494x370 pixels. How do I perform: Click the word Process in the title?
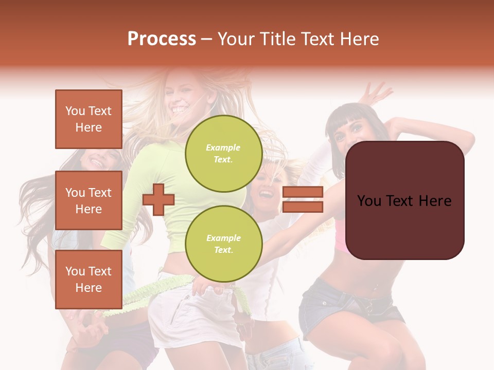(162, 39)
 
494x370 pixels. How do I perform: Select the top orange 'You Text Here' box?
(89, 119)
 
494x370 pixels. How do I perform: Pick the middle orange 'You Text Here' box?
(89, 200)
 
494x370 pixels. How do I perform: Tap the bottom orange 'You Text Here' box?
(89, 279)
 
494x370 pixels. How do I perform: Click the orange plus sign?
(158, 200)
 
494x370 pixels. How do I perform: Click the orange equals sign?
(303, 199)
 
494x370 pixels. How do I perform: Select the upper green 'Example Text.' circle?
(223, 153)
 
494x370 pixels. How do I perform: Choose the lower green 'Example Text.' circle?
(223, 244)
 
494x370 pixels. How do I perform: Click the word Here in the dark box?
(435, 201)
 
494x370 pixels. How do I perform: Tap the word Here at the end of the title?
(361, 39)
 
